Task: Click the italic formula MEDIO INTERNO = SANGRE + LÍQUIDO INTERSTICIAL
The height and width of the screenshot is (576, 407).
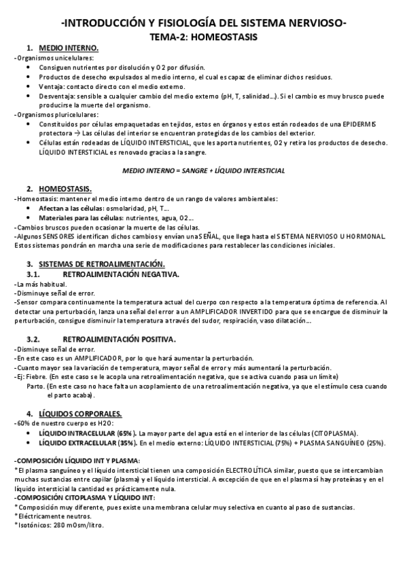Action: [203, 169]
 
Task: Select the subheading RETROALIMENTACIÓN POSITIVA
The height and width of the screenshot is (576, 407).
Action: [119, 338]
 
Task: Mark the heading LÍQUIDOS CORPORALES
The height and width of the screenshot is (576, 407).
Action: [81, 413]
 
